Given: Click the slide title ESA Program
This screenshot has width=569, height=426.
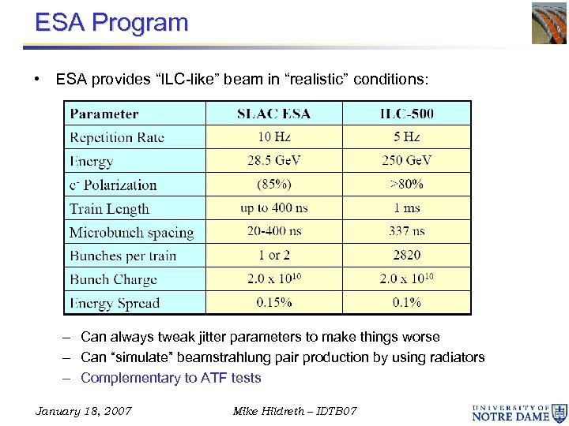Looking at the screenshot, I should [x=111, y=22].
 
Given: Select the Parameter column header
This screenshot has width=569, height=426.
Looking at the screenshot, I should [x=104, y=114].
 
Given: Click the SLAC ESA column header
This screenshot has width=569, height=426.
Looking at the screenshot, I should [x=273, y=114].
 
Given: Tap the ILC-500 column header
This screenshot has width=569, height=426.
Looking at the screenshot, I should [x=406, y=114].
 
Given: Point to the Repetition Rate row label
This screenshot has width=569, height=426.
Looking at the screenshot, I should [x=117, y=137].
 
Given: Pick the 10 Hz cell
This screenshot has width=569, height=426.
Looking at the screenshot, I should [x=273, y=137].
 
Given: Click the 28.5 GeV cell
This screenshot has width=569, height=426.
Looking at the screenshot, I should [x=273, y=161].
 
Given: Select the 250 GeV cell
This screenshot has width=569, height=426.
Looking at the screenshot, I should [x=406, y=161].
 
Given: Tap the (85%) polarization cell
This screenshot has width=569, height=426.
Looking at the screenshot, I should [x=273, y=185].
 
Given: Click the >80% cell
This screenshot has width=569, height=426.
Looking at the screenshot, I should [x=406, y=185].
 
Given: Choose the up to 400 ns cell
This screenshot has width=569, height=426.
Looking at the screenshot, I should [x=273, y=208].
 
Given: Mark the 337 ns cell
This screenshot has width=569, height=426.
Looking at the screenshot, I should [x=406, y=231].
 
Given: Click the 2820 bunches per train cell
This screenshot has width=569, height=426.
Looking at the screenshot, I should [x=406, y=255].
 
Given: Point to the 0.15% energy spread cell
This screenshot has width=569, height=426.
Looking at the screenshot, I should [x=273, y=302].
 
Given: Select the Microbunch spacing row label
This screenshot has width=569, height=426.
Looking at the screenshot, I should [x=131, y=232].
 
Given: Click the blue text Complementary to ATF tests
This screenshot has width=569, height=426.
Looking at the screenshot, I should [x=171, y=378].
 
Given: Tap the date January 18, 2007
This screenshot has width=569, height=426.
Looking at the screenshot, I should [x=84, y=411].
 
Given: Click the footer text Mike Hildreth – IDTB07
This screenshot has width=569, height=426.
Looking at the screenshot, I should [x=295, y=411].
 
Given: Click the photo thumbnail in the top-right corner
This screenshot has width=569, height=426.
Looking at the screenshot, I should [x=548, y=23].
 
